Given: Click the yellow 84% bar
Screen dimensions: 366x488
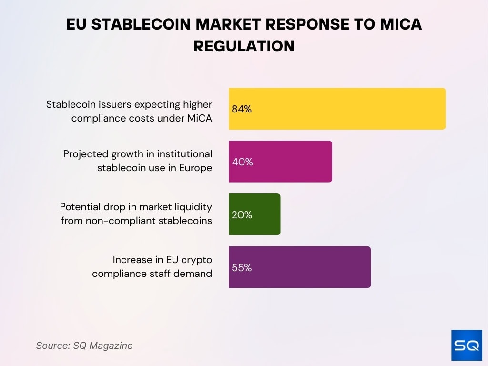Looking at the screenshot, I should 337,109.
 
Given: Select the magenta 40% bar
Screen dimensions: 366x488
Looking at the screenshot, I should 280,162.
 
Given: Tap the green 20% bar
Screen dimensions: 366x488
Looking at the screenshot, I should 254,214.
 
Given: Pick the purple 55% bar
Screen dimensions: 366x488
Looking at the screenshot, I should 299,267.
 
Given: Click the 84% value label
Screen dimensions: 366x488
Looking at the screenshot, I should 242,109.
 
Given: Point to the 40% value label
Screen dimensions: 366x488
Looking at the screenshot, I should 242,162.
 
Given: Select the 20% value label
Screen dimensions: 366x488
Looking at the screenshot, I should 242,215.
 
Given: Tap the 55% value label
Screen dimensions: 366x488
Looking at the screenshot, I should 242,268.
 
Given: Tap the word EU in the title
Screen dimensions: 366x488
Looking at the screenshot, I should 76,24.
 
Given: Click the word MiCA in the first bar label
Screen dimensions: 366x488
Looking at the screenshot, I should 199,118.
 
